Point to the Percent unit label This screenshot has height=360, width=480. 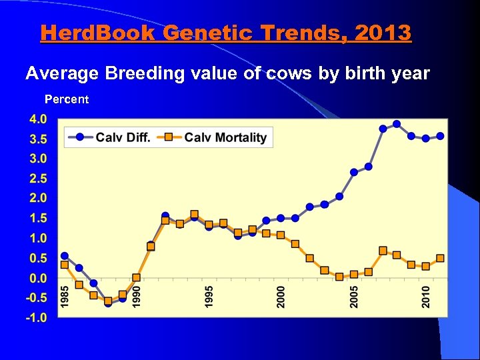66,99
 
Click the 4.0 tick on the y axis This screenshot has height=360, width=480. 37,119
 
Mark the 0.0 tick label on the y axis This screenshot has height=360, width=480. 37,278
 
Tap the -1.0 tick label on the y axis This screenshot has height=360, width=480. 36,317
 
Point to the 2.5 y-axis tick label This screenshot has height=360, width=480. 37,179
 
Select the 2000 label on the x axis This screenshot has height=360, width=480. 281,297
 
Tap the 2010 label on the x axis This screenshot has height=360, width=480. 426,297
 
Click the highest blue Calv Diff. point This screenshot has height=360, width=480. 397,124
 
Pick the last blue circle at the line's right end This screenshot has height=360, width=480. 440,136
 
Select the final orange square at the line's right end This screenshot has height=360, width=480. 440,258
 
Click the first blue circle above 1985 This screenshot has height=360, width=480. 65,256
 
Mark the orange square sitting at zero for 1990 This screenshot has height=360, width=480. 137,277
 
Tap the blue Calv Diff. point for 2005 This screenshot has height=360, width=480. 354,172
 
